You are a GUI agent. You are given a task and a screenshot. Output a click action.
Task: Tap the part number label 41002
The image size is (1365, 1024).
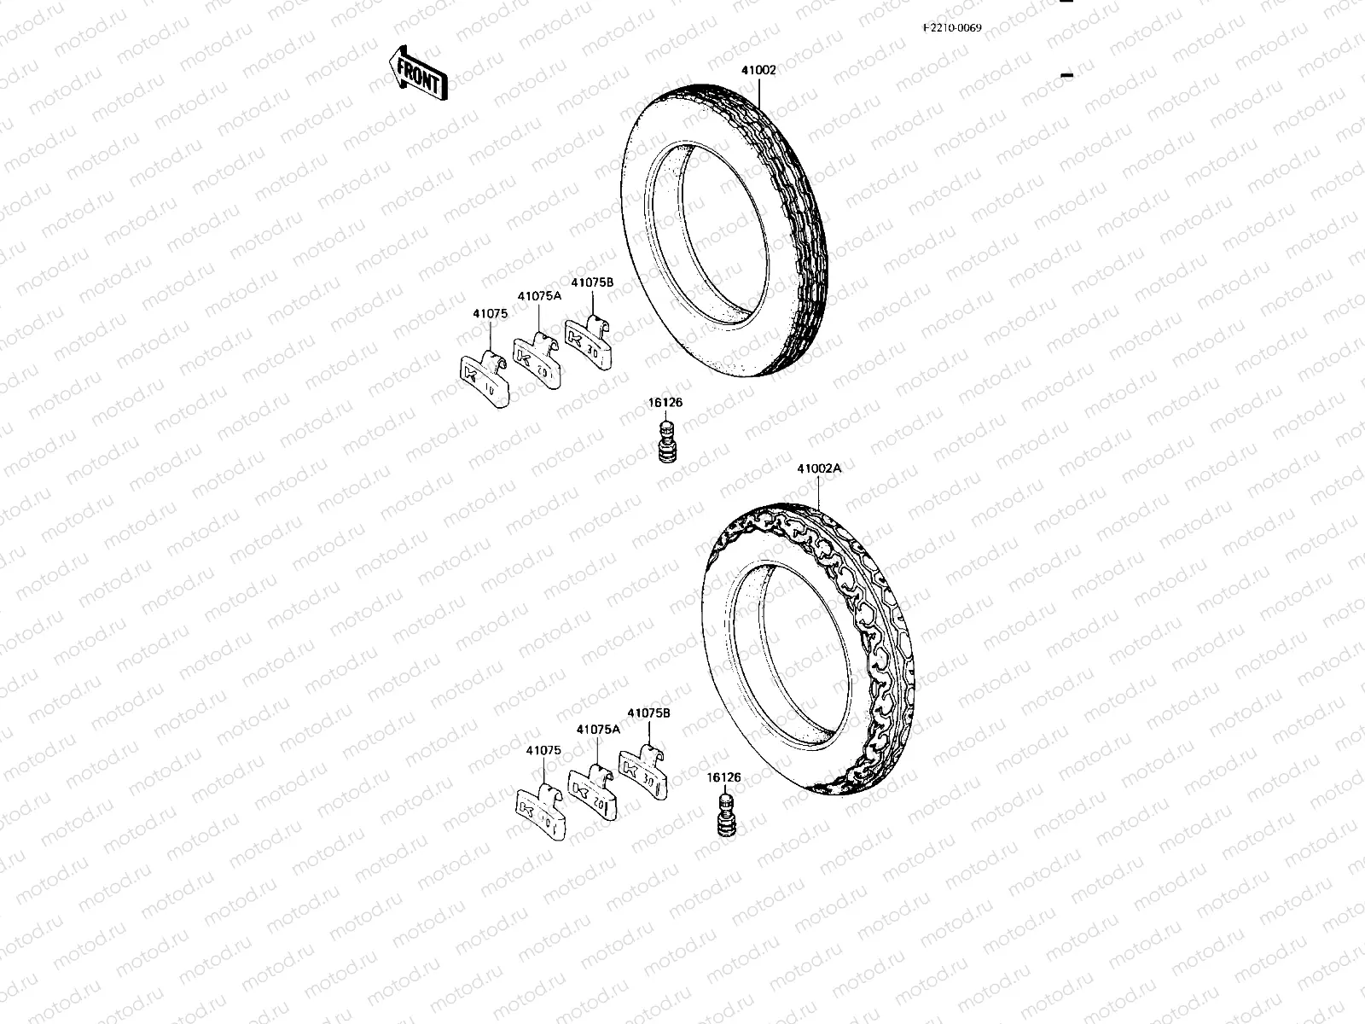758,70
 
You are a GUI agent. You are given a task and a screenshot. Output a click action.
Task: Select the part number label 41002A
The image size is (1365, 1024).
819,468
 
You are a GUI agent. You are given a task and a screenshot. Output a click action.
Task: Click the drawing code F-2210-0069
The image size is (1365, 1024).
952,27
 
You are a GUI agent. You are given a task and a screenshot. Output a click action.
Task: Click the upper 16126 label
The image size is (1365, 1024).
665,403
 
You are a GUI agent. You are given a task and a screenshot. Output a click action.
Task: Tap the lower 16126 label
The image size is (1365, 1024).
723,777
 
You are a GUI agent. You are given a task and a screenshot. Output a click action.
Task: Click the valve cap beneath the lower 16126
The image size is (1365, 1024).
724,816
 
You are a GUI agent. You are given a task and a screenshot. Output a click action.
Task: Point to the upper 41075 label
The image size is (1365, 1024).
490,313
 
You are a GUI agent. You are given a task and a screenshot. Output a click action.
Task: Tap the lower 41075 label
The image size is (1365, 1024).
543,750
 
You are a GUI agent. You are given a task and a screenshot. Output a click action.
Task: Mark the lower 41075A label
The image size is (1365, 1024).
598,730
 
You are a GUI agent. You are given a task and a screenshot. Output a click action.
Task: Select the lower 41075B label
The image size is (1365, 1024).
649,713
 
